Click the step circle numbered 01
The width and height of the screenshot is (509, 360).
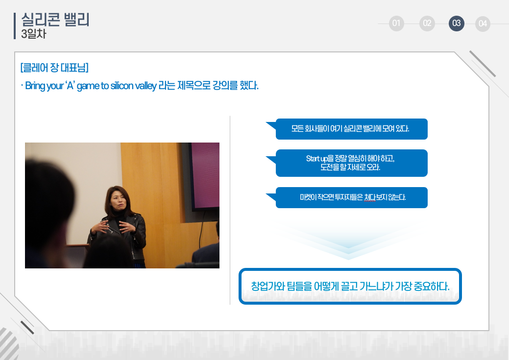[396, 24]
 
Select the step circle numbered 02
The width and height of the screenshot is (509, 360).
[427, 24]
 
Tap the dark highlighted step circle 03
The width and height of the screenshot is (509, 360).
[457, 24]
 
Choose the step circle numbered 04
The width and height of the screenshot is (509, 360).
[483, 24]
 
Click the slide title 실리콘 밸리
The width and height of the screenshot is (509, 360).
[55, 20]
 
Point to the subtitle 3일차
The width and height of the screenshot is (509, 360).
[34, 34]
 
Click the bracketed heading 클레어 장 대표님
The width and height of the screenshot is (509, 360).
[54, 68]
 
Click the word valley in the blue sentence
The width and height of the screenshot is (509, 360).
[146, 86]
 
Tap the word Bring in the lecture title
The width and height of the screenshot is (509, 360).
[35, 86]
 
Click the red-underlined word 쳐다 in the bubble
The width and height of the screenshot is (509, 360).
[370, 197]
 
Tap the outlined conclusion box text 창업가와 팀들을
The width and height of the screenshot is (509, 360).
[350, 286]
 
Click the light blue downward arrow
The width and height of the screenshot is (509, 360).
[348, 240]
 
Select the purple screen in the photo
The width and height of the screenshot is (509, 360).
[205, 175]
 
